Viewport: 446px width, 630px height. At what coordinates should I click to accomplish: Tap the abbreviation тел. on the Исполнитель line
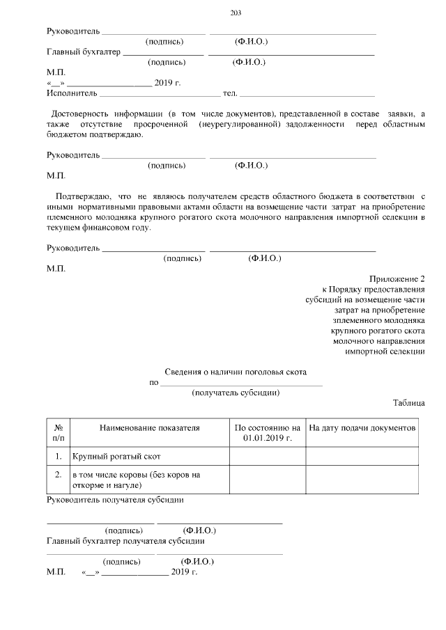230,93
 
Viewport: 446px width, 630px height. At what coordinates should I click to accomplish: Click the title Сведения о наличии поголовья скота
235,372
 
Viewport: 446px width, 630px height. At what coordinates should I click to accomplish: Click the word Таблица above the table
408,403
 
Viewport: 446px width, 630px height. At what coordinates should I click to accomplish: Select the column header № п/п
59,432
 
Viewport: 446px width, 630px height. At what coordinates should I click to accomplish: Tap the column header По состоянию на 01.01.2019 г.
268,432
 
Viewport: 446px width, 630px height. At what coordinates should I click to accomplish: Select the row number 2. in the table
59,474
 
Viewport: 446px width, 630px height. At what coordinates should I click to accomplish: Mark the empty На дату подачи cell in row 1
362,456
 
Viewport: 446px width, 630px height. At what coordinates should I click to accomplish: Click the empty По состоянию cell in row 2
268,479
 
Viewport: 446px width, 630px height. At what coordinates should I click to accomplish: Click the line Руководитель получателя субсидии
115,499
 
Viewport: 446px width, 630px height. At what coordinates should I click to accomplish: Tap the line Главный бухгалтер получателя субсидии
125,540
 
